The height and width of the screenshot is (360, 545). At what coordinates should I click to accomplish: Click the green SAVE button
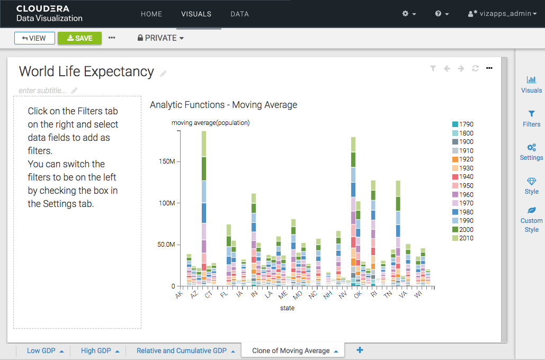[x=79, y=38]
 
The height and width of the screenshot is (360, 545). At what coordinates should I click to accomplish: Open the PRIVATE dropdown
[x=160, y=38]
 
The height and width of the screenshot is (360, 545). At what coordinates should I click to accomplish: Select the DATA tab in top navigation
[x=239, y=14]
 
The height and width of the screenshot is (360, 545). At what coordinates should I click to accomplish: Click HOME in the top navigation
[x=151, y=14]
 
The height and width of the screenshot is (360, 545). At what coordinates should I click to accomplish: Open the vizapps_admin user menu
[x=499, y=14]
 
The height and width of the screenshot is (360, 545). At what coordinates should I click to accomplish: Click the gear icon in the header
[x=409, y=14]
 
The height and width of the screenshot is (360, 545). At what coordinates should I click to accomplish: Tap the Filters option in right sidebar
[x=531, y=119]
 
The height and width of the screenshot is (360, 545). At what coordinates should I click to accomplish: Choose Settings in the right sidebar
[x=531, y=152]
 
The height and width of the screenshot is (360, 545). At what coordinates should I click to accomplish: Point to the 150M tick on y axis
[x=168, y=161]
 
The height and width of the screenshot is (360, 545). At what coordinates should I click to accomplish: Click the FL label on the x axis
[x=225, y=294]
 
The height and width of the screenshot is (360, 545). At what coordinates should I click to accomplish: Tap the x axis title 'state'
[x=288, y=308]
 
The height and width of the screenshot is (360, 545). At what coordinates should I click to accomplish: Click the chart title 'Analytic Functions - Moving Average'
[x=224, y=105]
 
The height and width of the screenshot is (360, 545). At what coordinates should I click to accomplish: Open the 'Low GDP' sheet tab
[x=41, y=350]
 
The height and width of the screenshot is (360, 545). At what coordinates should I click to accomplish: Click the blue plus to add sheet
[x=360, y=350]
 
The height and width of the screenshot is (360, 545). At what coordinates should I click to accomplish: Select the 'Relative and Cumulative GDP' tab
[x=181, y=350]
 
